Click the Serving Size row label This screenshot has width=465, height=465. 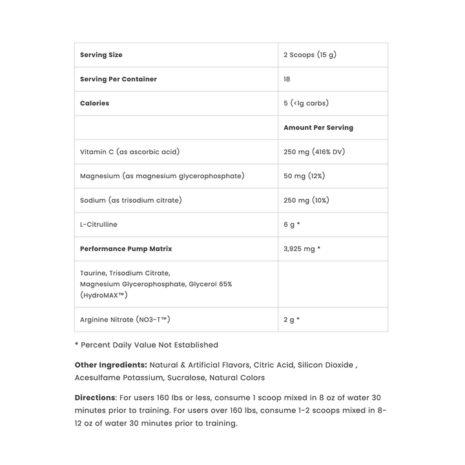[101, 55]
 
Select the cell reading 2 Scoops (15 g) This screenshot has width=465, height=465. [309, 55]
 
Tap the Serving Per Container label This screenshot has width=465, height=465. [118, 79]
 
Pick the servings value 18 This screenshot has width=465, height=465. [287, 79]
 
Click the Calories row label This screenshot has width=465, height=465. [94, 103]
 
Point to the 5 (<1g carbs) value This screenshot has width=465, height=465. [307, 103]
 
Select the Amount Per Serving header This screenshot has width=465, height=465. [318, 128]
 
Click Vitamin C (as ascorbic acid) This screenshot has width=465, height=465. [129, 152]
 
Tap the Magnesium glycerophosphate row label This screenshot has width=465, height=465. [161, 176]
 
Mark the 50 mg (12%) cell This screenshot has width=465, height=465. [305, 176]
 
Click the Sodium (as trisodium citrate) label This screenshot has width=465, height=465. [130, 200]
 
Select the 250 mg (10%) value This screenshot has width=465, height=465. [306, 200]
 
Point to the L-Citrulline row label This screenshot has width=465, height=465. [99, 224]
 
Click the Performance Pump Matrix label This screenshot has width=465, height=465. [126, 249]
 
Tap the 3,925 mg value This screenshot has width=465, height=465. [302, 249]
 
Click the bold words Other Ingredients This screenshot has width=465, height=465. [110, 365]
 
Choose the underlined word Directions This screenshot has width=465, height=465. [95, 397]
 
